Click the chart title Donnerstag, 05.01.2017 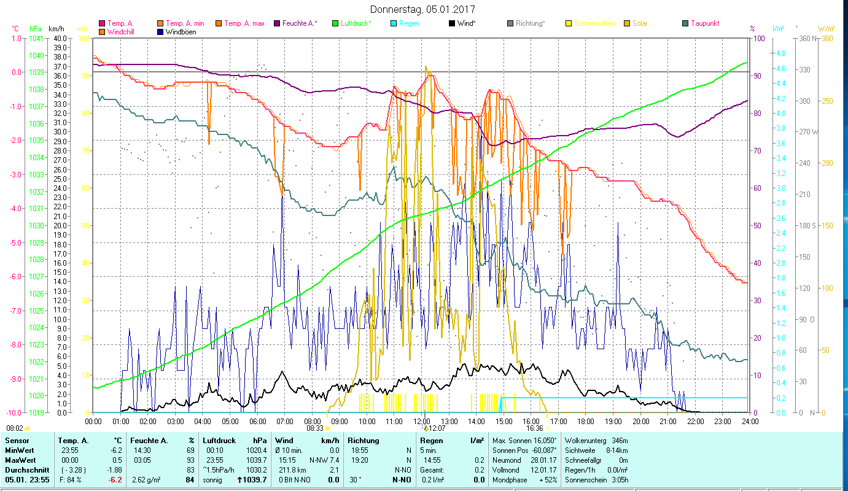pos(422,9)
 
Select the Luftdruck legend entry pos(354,23)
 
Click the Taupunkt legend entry pos(704,23)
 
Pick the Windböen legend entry pos(181,31)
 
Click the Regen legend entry pos(409,23)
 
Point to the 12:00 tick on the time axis pos(421,421)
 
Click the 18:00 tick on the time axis pos(585,421)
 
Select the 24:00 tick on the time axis pos(750,421)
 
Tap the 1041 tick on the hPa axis pos(36,38)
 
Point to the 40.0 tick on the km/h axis pos(60,38)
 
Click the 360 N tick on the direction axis pos(806,38)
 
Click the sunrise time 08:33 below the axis pos(315,428)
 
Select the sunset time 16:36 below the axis pos(534,428)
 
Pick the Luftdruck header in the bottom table pos(219,441)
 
